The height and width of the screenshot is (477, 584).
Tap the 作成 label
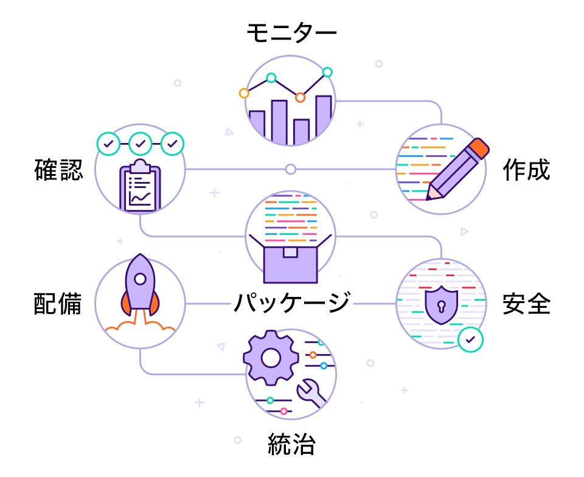(x=526, y=170)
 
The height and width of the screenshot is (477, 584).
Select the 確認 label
(x=58, y=170)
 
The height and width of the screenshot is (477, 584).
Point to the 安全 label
(x=526, y=304)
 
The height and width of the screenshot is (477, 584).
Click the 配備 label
(x=58, y=304)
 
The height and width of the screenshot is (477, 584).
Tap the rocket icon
(x=140, y=286)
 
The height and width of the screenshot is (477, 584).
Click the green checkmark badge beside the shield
(x=470, y=339)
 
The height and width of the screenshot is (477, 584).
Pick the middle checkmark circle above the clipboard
(x=140, y=144)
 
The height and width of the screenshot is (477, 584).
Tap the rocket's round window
(x=140, y=279)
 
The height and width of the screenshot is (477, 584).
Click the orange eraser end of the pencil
(x=479, y=147)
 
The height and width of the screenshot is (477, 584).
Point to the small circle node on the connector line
(x=291, y=169)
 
